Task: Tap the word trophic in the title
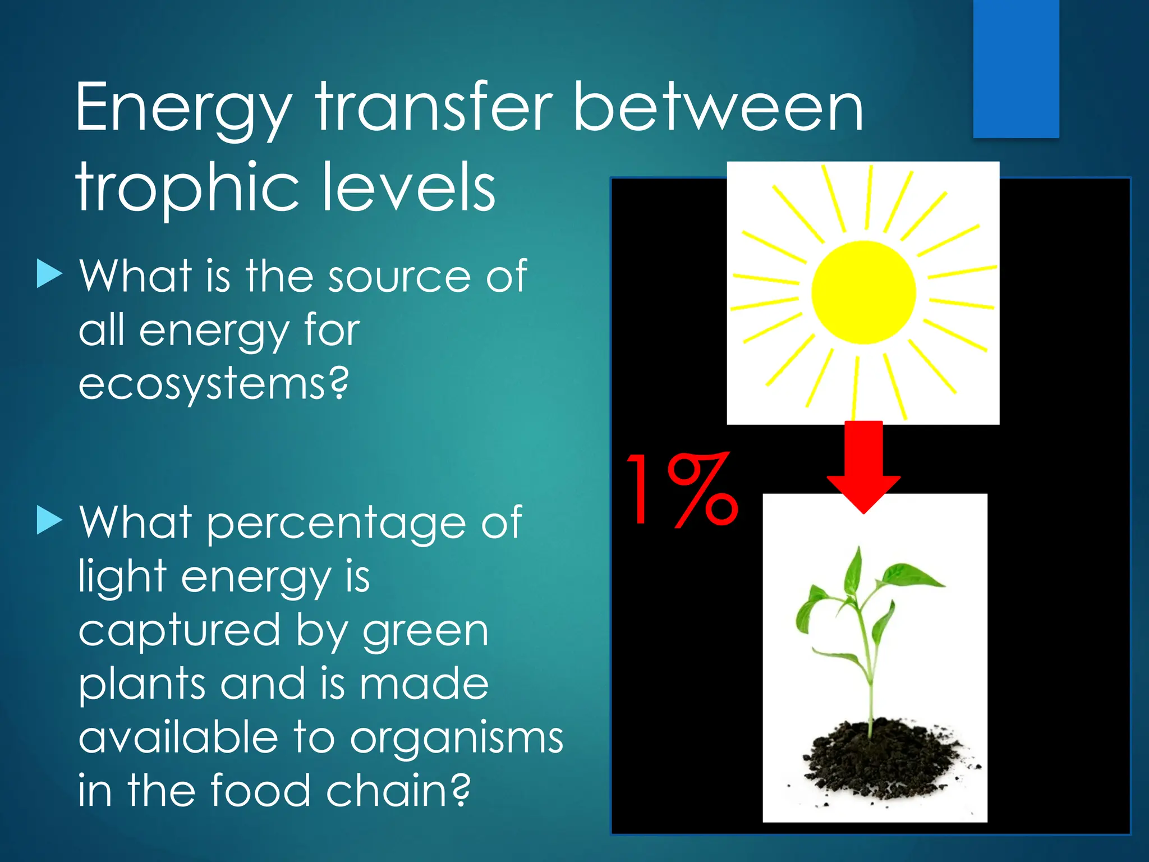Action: coord(188,188)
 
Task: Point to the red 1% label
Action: coord(682,489)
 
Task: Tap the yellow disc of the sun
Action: coord(863,292)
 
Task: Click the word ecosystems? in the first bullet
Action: coord(213,384)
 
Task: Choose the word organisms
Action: coord(457,738)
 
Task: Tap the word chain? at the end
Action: coord(398,790)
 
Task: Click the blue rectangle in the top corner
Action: coord(1016,68)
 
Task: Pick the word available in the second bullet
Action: coord(178,738)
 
